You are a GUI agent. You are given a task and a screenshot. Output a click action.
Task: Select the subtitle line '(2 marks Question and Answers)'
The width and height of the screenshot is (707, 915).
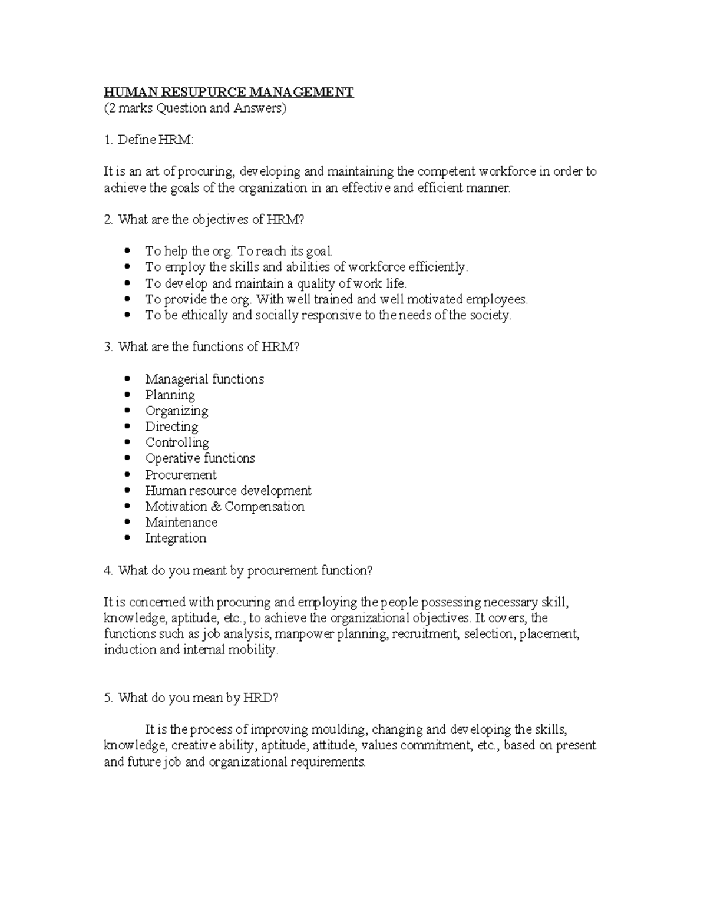194,108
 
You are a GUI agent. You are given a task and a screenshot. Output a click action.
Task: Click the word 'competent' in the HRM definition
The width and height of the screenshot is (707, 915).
446,172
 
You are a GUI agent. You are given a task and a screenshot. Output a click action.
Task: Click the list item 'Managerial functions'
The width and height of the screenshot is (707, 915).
204,379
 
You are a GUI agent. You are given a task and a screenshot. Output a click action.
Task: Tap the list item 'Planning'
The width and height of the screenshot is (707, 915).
170,395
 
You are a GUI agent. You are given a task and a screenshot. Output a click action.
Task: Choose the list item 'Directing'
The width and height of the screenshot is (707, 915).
171,427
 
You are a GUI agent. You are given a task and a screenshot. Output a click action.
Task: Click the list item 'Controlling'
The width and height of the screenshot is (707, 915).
177,443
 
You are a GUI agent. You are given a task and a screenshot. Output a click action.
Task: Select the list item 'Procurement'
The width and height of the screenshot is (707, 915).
181,475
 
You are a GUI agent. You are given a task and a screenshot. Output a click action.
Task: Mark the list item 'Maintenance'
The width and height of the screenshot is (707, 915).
181,523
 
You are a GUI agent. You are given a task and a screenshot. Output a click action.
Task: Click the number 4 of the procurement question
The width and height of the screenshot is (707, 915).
107,571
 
